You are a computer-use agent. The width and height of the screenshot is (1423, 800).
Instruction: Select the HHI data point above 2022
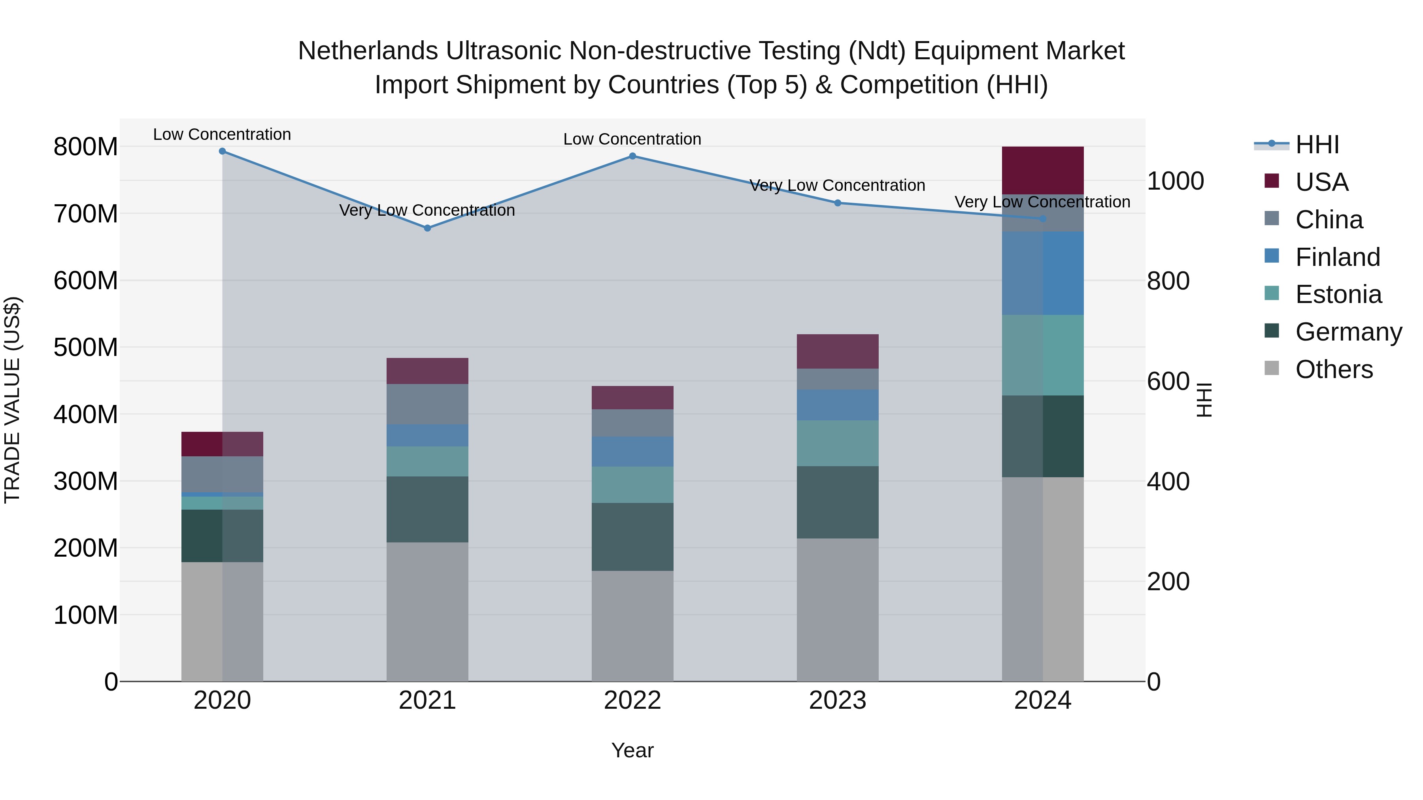click(x=632, y=156)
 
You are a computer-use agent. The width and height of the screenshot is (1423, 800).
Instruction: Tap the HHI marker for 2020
click(x=222, y=151)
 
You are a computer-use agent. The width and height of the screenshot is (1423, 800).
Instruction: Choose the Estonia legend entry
click(x=1338, y=294)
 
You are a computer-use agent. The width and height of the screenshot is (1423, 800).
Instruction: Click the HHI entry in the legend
click(x=1317, y=145)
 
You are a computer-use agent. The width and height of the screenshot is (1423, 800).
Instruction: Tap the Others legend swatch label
click(x=1334, y=369)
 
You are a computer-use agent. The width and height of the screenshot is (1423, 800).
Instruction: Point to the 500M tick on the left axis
click(x=86, y=347)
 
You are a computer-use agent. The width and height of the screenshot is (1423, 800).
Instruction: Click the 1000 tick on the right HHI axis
click(x=1176, y=181)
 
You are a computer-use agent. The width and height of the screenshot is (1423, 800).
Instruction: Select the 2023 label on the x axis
click(x=838, y=700)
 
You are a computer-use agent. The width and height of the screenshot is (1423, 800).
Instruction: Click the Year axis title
click(x=632, y=750)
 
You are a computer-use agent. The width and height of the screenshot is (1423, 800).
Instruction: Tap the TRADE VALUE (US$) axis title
click(x=12, y=400)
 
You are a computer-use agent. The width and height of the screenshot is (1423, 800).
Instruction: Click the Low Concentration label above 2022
click(x=632, y=139)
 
